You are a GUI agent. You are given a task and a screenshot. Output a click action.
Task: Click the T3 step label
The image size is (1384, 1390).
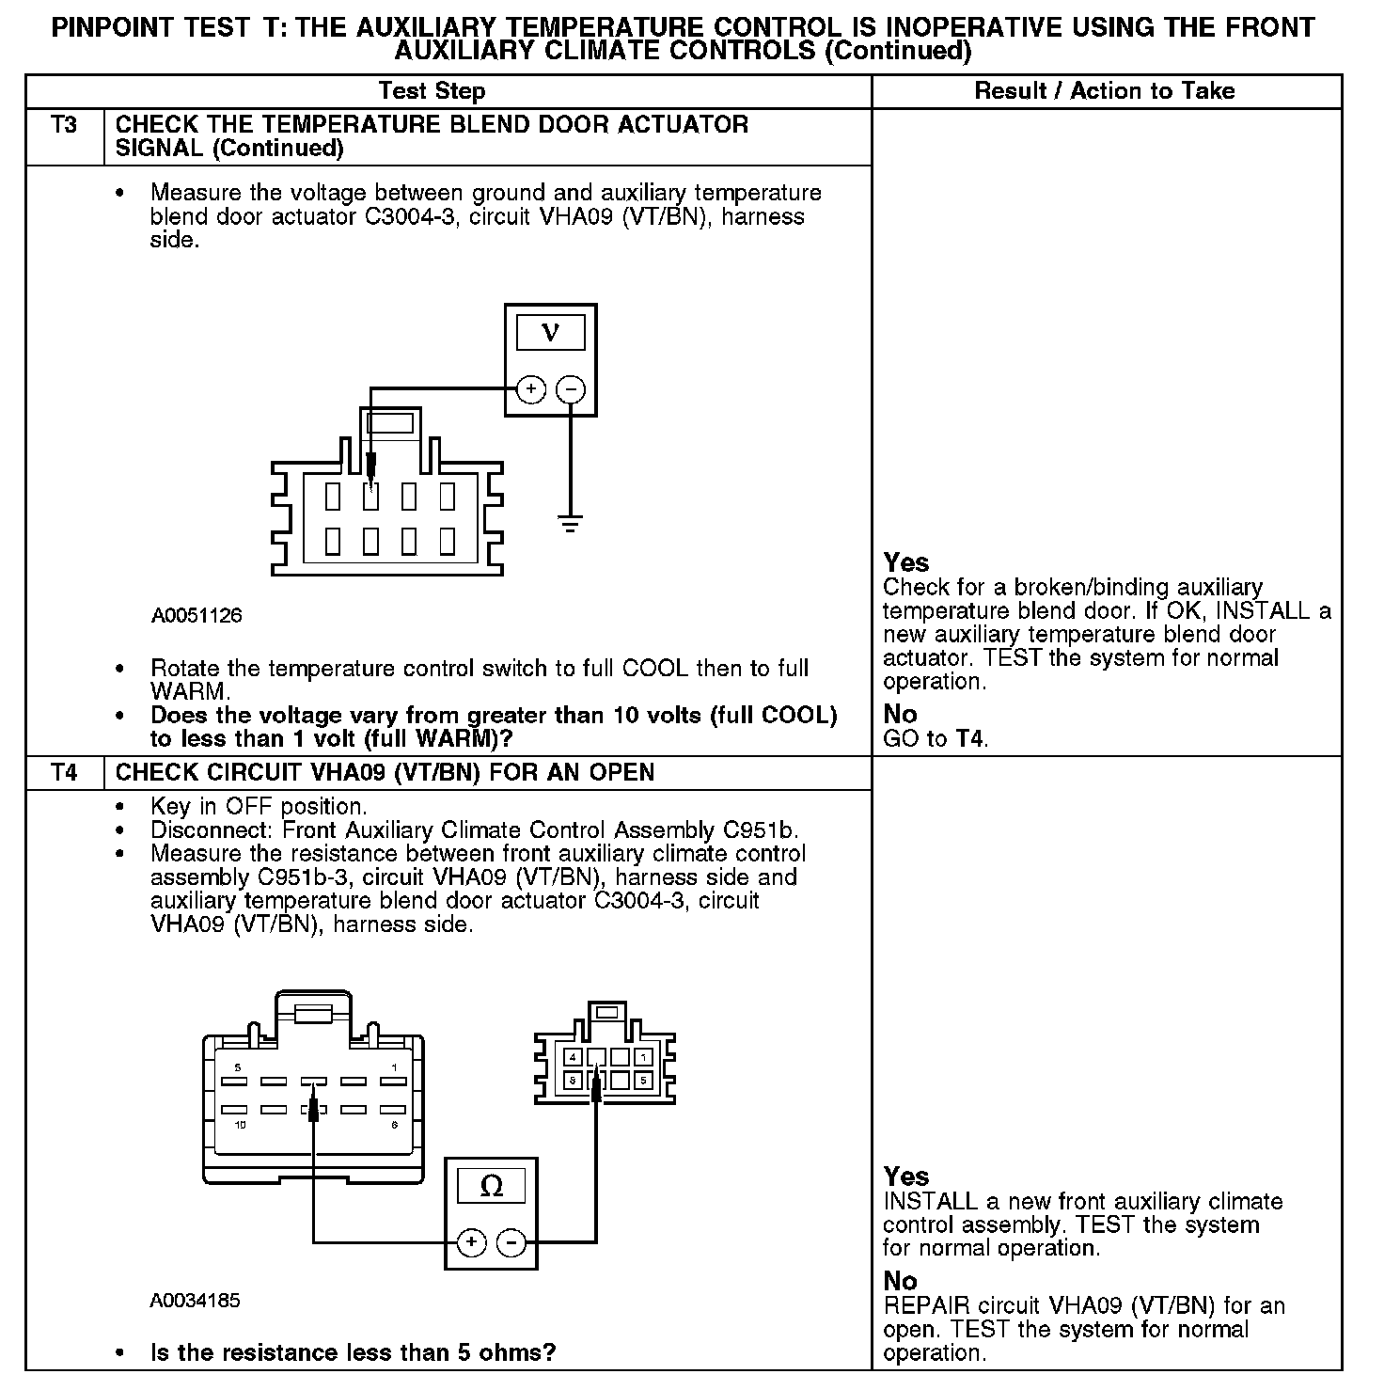pyautogui.click(x=64, y=125)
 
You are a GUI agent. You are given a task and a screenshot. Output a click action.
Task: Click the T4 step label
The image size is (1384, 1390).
pyautogui.click(x=64, y=773)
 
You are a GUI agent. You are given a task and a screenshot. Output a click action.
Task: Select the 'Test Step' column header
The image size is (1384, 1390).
pyautogui.click(x=432, y=91)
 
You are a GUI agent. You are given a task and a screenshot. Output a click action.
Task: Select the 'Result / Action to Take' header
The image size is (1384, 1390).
pyautogui.click(x=1105, y=91)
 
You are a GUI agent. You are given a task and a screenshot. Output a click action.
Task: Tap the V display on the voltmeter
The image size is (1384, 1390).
pyautogui.click(x=551, y=332)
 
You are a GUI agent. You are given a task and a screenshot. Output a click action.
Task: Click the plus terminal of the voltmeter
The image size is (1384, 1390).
pyautogui.click(x=531, y=389)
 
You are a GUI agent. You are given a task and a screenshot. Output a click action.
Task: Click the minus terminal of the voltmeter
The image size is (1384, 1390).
pyautogui.click(x=571, y=389)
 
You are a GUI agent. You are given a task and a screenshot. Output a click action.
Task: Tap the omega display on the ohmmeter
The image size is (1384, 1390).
pyautogui.click(x=491, y=1186)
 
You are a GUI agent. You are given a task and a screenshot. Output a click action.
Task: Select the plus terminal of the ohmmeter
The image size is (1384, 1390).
pyautogui.click(x=471, y=1243)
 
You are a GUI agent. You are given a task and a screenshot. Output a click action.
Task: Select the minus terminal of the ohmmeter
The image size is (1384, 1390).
pyautogui.click(x=511, y=1243)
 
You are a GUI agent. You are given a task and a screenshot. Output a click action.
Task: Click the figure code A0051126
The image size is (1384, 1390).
pyautogui.click(x=197, y=615)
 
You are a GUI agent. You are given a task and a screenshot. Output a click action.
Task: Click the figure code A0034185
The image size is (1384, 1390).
pyautogui.click(x=196, y=1301)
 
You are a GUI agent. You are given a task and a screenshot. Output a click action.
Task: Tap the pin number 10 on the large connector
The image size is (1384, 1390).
pyautogui.click(x=240, y=1126)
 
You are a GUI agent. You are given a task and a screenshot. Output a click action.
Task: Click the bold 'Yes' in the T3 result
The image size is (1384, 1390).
pyautogui.click(x=906, y=562)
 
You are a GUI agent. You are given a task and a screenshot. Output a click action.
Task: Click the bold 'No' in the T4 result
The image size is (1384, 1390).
pyautogui.click(x=900, y=1281)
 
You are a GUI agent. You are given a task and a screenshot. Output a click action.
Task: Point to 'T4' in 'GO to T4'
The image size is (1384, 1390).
pyautogui.click(x=970, y=738)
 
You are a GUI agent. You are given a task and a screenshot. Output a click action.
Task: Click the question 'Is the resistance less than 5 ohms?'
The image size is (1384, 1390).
pyautogui.click(x=353, y=1352)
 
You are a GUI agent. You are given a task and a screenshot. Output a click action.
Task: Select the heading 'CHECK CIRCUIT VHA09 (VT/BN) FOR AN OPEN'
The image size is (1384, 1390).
pyautogui.click(x=385, y=773)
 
